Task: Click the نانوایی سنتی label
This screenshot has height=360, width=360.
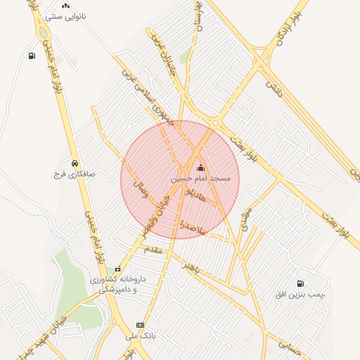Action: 65,15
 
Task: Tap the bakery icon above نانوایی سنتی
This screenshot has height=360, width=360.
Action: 65,5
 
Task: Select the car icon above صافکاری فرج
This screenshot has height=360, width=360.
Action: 75,162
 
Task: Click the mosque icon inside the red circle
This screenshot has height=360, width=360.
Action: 201,167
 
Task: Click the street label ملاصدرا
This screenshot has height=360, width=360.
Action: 191,226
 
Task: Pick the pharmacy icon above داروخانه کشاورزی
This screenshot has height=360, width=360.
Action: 117,268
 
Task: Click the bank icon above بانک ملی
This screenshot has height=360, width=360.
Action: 140,326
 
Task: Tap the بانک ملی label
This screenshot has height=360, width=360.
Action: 140,337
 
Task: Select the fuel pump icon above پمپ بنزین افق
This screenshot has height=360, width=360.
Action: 301,283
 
